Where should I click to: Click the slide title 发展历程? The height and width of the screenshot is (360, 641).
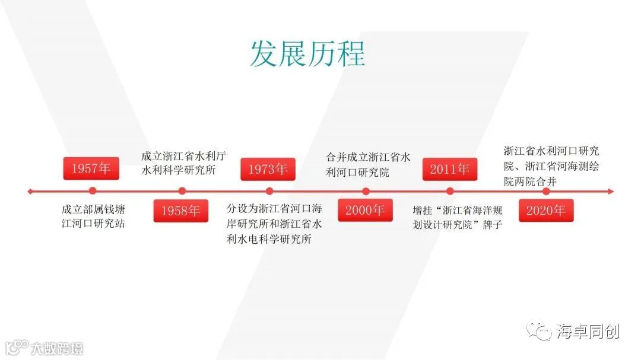307,54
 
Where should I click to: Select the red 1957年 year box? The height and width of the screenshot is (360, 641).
91,168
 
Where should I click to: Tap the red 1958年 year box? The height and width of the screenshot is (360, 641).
181,211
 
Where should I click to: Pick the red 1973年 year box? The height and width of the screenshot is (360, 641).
268,169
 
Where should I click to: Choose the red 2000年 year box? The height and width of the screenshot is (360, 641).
365,210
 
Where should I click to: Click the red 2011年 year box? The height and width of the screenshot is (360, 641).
450,169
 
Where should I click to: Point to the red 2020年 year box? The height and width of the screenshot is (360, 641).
545,210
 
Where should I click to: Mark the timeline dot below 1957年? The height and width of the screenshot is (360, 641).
92,191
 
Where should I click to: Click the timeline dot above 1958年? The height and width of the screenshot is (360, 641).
182,191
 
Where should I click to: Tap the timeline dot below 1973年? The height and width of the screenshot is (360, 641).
269,191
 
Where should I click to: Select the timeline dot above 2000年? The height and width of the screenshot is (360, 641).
366,191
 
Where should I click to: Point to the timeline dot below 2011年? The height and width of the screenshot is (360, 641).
450,191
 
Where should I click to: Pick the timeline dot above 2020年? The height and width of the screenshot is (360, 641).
546,191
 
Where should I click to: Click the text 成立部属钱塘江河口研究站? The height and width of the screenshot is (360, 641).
93,216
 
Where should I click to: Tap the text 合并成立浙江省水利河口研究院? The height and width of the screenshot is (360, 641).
368,165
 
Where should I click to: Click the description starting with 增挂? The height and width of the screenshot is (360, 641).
458,217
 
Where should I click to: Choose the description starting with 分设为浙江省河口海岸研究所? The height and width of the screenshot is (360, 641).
274,224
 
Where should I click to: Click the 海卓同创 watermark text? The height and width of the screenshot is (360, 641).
588,331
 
